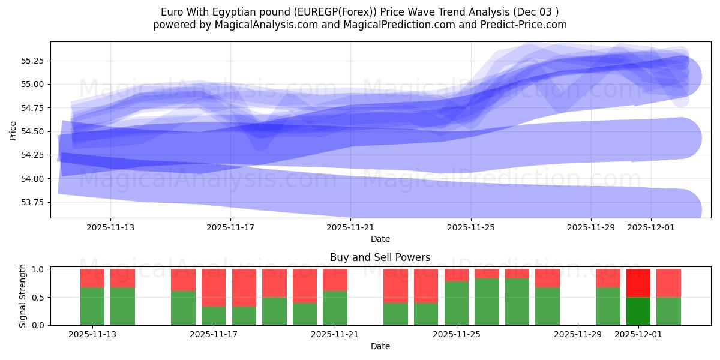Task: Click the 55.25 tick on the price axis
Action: [34, 61]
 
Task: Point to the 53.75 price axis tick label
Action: [34, 202]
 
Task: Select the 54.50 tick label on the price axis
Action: [34, 131]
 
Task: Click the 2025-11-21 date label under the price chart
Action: [350, 228]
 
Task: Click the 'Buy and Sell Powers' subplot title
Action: [380, 257]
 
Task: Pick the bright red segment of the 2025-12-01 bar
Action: [638, 283]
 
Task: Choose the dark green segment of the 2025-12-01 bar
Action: [638, 311]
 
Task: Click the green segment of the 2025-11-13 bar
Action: [92, 306]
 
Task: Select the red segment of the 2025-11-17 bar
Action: [214, 288]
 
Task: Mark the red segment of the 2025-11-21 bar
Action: [335, 280]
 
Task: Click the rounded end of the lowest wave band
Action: [684, 209]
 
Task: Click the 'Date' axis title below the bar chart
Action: [380, 346]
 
